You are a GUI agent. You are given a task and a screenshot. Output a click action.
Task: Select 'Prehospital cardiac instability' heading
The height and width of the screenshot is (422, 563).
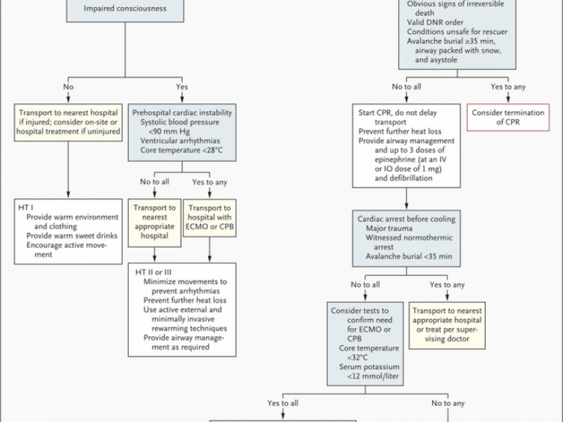[183, 113]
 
